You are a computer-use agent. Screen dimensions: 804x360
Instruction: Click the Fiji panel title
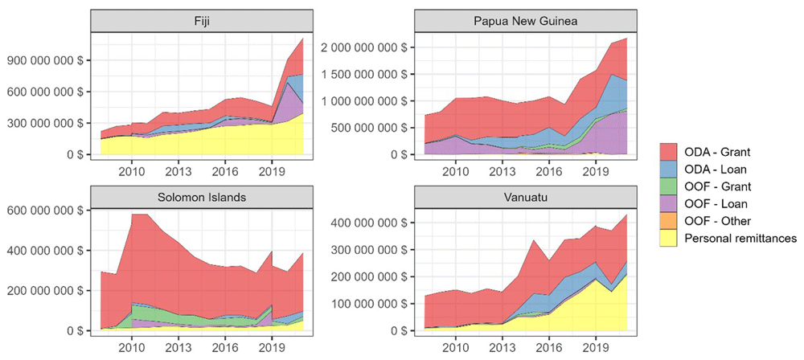pyautogui.click(x=197, y=21)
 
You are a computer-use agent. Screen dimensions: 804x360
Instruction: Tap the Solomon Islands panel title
pyautogui.click(x=197, y=197)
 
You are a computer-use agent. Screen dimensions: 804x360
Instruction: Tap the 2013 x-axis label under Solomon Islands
pyautogui.click(x=178, y=345)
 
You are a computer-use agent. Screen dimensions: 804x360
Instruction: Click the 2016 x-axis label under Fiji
pyautogui.click(x=225, y=170)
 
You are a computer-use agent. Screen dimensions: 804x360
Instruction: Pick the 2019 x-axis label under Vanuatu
pyautogui.click(x=595, y=345)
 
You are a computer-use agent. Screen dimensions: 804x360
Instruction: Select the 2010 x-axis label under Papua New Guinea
pyautogui.click(x=456, y=170)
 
